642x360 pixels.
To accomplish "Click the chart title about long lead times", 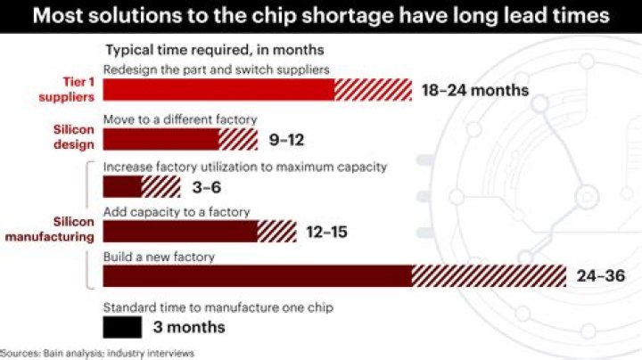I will click(321, 15).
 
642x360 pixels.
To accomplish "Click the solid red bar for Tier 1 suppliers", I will click(218, 90).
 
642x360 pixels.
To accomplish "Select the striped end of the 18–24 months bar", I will click(373, 90).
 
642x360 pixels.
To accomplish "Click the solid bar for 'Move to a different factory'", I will click(160, 139).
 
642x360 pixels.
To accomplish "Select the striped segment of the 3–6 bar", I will click(160, 186).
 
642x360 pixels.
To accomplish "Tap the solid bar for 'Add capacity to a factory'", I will click(180, 232).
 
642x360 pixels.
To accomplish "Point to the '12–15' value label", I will click(325, 233).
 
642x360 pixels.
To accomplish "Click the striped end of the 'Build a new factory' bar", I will click(489, 276).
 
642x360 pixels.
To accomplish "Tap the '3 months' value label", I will click(189, 327).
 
